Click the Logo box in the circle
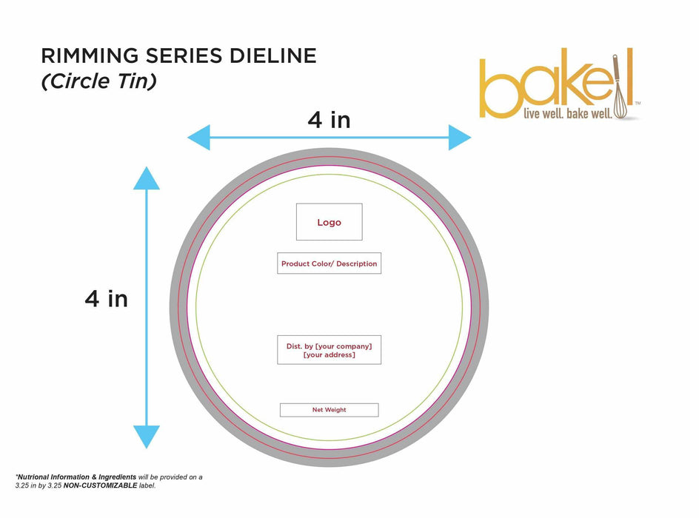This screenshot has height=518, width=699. (x=329, y=222)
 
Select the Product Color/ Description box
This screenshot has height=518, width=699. (x=329, y=263)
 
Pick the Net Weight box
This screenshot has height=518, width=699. (x=329, y=410)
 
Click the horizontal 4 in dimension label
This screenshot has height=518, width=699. (x=329, y=119)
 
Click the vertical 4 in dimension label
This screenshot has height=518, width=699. (x=106, y=298)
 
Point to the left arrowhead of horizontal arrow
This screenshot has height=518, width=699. (x=197, y=138)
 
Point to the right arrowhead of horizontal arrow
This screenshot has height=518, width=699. (x=461, y=138)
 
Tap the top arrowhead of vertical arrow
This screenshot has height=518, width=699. (x=147, y=178)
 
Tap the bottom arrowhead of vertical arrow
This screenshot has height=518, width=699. (x=147, y=437)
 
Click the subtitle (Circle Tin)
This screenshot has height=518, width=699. (x=98, y=81)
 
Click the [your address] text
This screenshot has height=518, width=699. (x=329, y=355)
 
